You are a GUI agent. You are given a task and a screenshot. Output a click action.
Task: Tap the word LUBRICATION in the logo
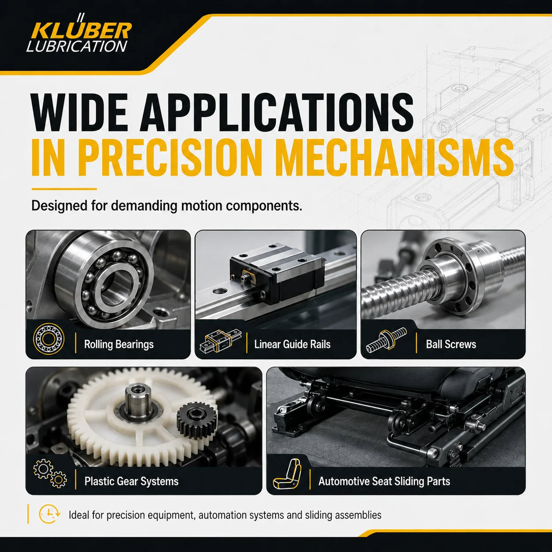click(x=77, y=46)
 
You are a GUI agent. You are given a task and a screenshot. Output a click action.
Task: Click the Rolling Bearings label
click(x=119, y=345)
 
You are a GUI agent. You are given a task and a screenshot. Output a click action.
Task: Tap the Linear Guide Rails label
click(x=292, y=344)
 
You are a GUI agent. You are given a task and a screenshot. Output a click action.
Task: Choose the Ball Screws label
click(x=451, y=344)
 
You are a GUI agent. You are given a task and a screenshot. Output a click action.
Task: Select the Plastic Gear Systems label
click(x=132, y=481)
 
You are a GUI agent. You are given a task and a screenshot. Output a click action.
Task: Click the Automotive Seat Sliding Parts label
click(x=384, y=481)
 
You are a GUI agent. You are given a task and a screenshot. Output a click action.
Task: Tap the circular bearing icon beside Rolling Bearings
click(x=48, y=339)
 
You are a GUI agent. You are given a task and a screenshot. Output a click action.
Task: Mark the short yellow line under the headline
click(x=64, y=189)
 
